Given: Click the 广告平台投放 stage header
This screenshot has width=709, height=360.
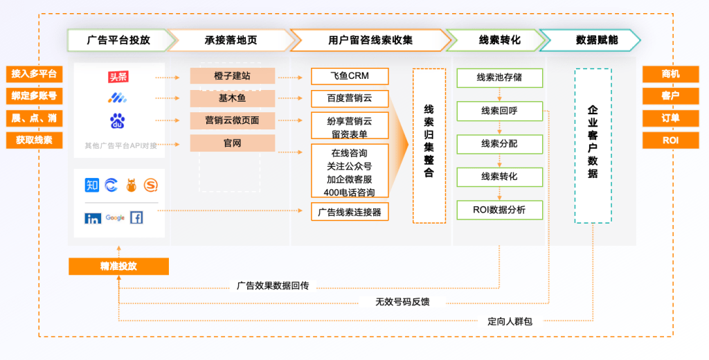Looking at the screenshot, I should (118, 40).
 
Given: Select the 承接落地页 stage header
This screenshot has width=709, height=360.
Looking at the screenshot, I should (231, 40).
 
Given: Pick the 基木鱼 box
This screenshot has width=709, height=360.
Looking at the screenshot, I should (233, 98).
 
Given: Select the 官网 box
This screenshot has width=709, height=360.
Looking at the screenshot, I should (233, 143).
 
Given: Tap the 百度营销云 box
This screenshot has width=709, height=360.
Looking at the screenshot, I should (350, 98).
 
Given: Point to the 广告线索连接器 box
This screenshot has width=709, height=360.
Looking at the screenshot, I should (350, 212).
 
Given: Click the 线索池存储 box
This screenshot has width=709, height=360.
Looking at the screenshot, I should (499, 78).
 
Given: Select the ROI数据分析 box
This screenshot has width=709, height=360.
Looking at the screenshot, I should (499, 210).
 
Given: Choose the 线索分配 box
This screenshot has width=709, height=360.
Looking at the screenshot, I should (499, 144).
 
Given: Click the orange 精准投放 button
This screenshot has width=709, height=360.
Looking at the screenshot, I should (118, 267).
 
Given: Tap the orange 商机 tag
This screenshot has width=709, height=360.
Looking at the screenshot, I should (670, 74).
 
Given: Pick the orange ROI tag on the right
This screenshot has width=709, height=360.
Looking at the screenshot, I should (670, 141).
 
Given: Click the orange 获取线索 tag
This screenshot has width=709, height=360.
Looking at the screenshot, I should (34, 141).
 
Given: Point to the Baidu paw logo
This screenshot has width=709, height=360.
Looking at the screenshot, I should (118, 122).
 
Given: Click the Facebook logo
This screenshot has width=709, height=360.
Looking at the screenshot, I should (136, 217).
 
